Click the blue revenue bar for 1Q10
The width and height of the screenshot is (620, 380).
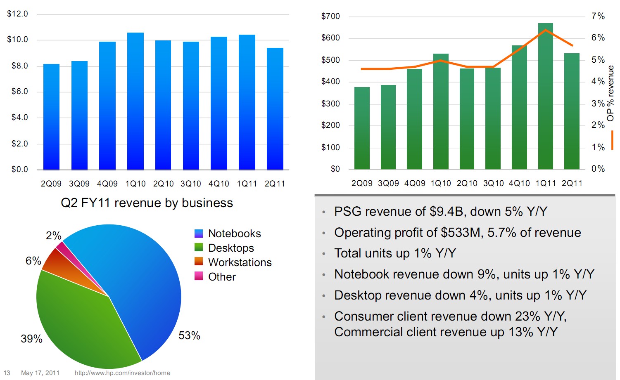135,101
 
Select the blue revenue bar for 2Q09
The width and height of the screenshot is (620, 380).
51,117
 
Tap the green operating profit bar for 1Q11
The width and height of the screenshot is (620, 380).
545,96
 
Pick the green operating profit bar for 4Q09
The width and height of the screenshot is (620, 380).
414,119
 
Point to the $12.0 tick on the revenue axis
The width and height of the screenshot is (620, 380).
17,14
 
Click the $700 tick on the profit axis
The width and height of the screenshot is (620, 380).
330,17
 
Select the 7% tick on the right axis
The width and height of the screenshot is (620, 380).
598,16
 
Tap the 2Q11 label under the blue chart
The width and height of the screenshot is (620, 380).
275,184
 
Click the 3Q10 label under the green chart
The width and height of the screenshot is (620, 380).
493,183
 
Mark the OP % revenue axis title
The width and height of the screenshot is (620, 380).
610,93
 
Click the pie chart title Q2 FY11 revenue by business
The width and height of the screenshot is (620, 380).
147,203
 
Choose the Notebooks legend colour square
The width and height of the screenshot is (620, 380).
199,234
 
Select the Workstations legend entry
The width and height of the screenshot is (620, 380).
240,262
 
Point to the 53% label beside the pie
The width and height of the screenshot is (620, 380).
189,335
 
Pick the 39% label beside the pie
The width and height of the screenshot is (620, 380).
31,339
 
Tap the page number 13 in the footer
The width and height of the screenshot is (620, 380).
7,373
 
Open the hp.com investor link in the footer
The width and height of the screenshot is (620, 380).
122,373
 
